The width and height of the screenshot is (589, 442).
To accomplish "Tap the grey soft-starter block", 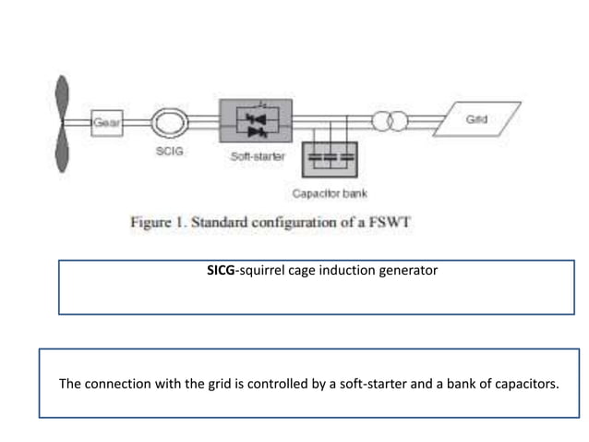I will coord(256,120).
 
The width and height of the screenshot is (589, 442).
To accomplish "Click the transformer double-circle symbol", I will coord(388,122).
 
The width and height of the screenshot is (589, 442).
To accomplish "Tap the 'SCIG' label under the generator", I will coord(169,151).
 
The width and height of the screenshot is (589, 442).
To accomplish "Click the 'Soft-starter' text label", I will coord(257,157).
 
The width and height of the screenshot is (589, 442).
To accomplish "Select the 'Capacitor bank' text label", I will coord(329,193).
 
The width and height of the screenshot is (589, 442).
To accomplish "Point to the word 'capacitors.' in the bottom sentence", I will coord(523,383).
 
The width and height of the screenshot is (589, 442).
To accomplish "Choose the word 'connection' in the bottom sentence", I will coord(117,383).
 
